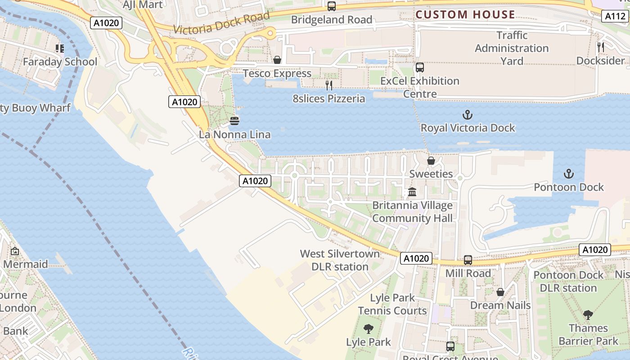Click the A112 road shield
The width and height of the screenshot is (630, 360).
pyautogui.click(x=615, y=16)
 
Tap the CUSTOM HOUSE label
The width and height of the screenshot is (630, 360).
pyautogui.click(x=465, y=14)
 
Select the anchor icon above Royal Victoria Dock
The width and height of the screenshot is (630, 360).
pyautogui.click(x=468, y=115)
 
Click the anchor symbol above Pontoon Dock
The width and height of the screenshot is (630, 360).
pyautogui.click(x=569, y=174)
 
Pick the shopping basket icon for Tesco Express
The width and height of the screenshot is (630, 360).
pyautogui.click(x=277, y=60)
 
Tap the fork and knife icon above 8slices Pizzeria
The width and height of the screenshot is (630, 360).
pyautogui.click(x=329, y=85)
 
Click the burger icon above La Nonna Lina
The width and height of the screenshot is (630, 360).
pyautogui.click(x=234, y=121)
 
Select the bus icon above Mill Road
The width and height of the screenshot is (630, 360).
pyautogui.click(x=468, y=260)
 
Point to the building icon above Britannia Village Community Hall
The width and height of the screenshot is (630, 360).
pyautogui.click(x=412, y=192)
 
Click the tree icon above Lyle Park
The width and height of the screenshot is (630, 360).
pyautogui.click(x=368, y=329)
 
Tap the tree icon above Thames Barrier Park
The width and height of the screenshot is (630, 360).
pyautogui.click(x=588, y=315)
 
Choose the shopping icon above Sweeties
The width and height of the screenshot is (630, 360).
pyautogui.click(x=431, y=160)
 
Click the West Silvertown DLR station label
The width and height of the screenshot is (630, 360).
pyautogui.click(x=340, y=260)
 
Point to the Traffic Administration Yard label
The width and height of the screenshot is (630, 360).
pyautogui.click(x=512, y=48)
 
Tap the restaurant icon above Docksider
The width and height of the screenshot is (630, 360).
pyautogui.click(x=600, y=46)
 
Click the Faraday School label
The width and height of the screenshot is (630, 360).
pyautogui.click(x=60, y=62)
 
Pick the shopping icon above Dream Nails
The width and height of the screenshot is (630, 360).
pyautogui.click(x=500, y=292)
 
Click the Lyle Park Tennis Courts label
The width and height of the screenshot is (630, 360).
pyautogui.click(x=392, y=304)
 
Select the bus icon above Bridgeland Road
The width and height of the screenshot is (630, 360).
pyautogui.click(x=332, y=6)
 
